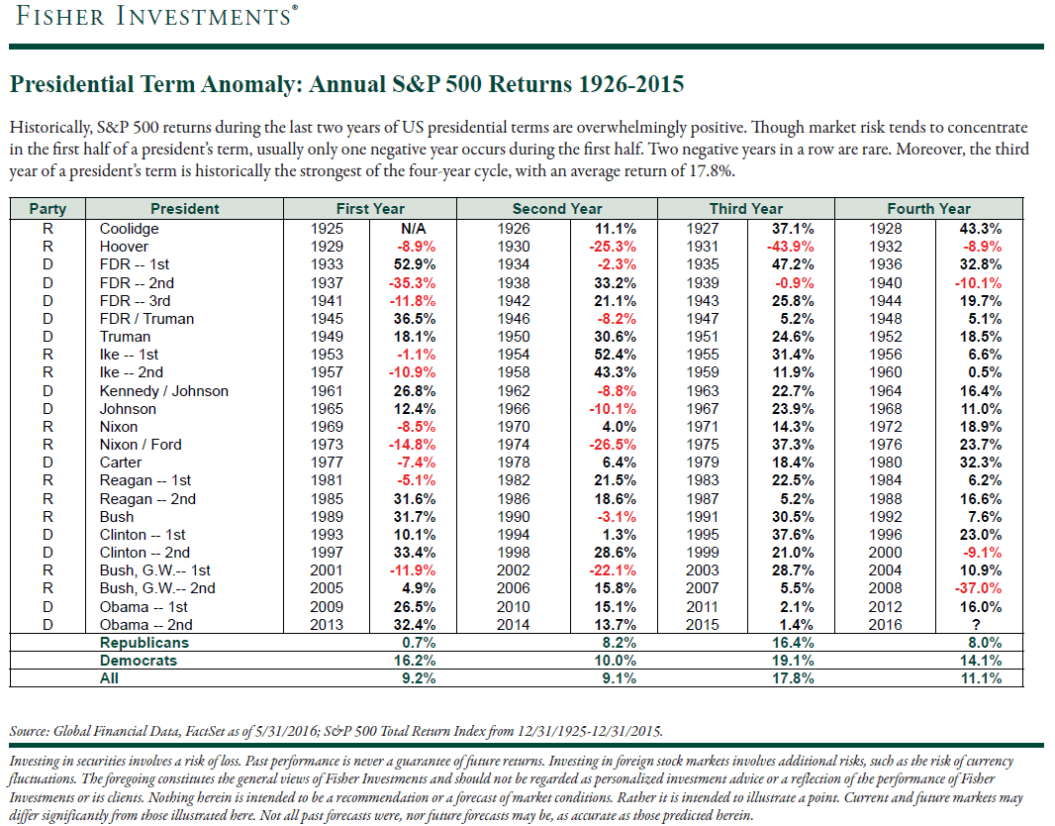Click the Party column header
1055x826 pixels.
click(48, 209)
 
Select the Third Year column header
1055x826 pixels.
click(745, 209)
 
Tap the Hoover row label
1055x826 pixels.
click(124, 247)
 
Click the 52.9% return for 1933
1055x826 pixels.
click(415, 264)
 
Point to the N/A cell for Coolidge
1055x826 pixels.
click(413, 229)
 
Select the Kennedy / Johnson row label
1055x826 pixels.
click(163, 391)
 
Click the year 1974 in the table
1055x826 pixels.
click(514, 445)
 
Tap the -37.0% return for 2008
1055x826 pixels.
click(978, 588)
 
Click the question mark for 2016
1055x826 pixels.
click(976, 625)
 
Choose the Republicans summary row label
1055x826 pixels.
click(144, 643)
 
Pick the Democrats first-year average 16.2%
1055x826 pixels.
click(415, 661)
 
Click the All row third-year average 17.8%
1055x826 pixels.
click(793, 678)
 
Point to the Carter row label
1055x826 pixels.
click(121, 463)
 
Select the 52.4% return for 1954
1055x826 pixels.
click(615, 355)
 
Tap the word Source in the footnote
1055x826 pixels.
click(29, 731)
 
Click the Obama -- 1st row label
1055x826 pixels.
click(144, 606)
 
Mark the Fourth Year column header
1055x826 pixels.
click(928, 209)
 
